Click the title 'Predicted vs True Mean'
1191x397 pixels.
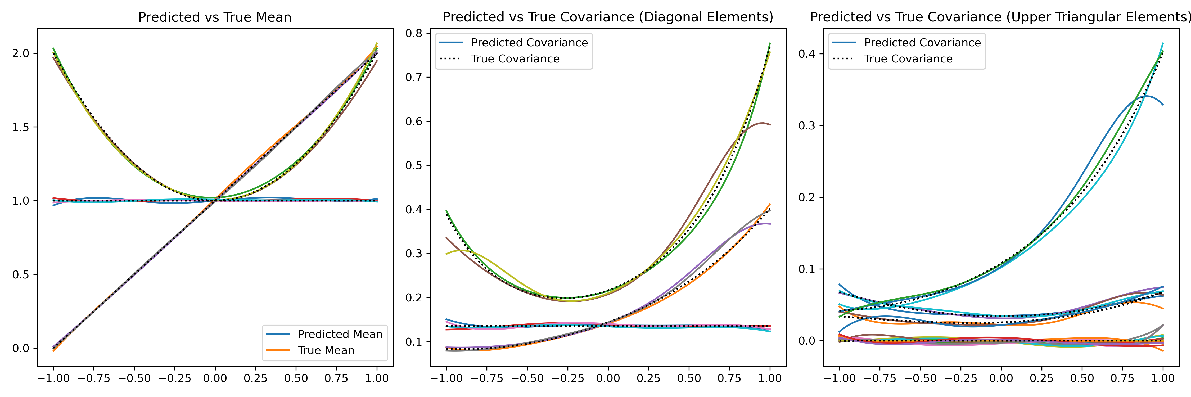(x=215, y=17)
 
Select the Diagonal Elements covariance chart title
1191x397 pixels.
(x=607, y=17)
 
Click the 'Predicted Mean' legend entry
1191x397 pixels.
(x=340, y=334)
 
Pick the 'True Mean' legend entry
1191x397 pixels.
(x=326, y=350)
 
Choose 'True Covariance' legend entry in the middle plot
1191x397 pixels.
(x=515, y=59)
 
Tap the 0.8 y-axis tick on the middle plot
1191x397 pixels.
(x=414, y=33)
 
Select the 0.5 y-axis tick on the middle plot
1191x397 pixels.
(x=414, y=165)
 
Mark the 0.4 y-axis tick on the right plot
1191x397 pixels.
(x=807, y=54)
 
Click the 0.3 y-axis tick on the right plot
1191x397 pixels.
(x=807, y=126)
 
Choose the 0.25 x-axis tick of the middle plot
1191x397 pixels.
(x=648, y=378)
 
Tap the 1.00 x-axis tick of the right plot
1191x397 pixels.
(x=1163, y=378)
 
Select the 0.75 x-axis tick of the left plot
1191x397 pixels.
(x=336, y=378)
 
